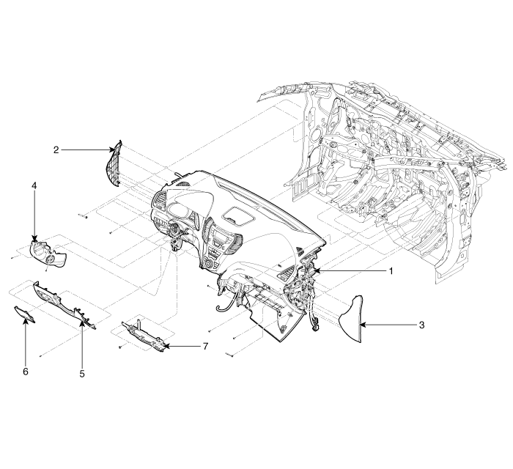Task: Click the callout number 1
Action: pyautogui.click(x=391, y=271)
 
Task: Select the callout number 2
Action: pyautogui.click(x=56, y=149)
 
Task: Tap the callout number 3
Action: pyautogui.click(x=421, y=325)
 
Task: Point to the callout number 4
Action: pyautogui.click(x=34, y=185)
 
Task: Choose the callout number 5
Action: pyautogui.click(x=82, y=374)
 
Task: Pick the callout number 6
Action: pyautogui.click(x=26, y=372)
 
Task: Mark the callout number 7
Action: pyautogui.click(x=204, y=346)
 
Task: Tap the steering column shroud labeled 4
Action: pyautogui.click(x=48, y=254)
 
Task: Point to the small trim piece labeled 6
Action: pyautogui.click(x=24, y=314)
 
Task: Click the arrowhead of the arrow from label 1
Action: pyautogui.click(x=316, y=271)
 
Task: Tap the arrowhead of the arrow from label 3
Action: pyautogui.click(x=361, y=325)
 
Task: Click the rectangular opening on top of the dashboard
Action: pyautogui.click(x=238, y=215)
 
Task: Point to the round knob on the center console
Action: pyautogui.click(x=209, y=265)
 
